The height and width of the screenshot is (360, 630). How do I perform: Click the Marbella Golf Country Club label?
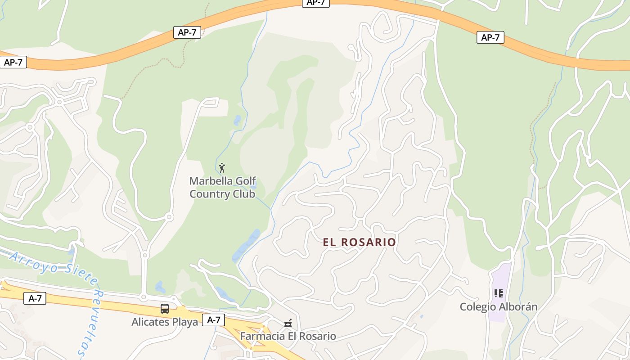pyautogui.click(x=222, y=187)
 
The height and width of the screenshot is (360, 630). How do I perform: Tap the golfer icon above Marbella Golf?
pyautogui.click(x=221, y=168)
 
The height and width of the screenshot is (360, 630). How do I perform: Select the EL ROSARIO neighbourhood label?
pyautogui.click(x=359, y=242)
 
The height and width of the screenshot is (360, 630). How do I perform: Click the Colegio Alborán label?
pyautogui.click(x=498, y=307)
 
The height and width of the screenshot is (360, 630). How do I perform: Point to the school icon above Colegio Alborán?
pyautogui.click(x=498, y=293)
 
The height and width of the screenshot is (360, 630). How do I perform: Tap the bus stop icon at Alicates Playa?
pyautogui.click(x=165, y=309)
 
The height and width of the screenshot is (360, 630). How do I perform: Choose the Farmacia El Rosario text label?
pyautogui.click(x=288, y=336)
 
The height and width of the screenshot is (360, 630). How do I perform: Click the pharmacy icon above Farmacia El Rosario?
pyautogui.click(x=288, y=323)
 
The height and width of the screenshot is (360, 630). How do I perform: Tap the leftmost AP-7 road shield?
pyautogui.click(x=13, y=62)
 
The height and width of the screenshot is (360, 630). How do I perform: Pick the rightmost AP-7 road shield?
pyautogui.click(x=490, y=37)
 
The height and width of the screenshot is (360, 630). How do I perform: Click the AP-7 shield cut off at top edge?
pyautogui.click(x=315, y=3)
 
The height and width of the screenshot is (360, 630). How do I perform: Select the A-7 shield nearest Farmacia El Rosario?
pyautogui.click(x=213, y=320)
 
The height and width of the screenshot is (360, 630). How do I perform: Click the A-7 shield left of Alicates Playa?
pyautogui.click(x=35, y=298)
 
